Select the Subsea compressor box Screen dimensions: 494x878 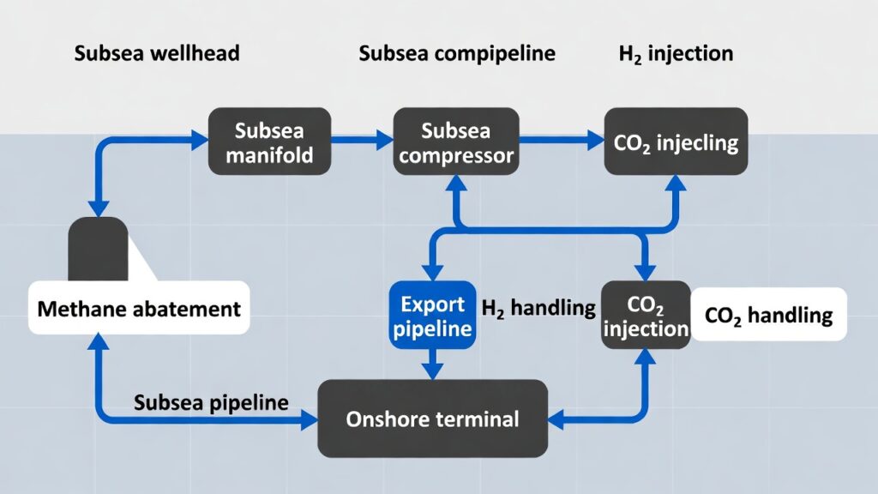(x=455, y=142)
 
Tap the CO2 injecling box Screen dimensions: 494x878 (x=676, y=142)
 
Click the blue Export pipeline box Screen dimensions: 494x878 (x=432, y=316)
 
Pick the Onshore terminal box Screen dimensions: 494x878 (x=432, y=419)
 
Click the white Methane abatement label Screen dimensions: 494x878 (x=140, y=308)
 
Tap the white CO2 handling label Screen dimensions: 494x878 (x=768, y=315)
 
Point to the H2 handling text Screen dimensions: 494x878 (x=538, y=307)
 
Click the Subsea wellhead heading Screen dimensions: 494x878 (x=157, y=54)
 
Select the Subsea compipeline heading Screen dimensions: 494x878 (x=457, y=54)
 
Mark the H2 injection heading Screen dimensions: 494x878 (x=676, y=54)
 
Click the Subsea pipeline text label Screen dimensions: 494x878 (x=211, y=403)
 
